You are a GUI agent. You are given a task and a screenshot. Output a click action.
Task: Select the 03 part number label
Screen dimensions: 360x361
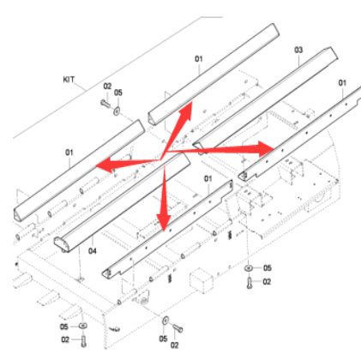coord(299,50)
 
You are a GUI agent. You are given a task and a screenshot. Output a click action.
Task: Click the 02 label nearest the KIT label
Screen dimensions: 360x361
coord(107,86)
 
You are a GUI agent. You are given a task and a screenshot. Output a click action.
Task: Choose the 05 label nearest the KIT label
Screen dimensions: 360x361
coord(119,92)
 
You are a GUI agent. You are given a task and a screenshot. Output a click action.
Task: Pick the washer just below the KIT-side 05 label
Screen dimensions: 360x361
coord(116,110)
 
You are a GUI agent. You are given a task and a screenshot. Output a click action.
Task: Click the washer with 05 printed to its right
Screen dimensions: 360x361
coord(248,269)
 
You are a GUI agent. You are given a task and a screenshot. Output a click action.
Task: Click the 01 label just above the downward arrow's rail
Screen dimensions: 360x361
coord(207,177)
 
